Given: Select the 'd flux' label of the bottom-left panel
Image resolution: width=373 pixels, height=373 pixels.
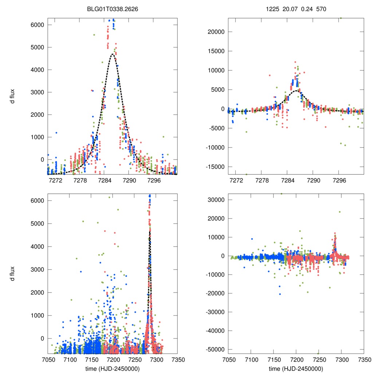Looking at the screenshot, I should click(13, 274).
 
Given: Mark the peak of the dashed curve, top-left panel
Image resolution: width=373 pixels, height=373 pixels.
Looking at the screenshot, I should click(113, 54).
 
